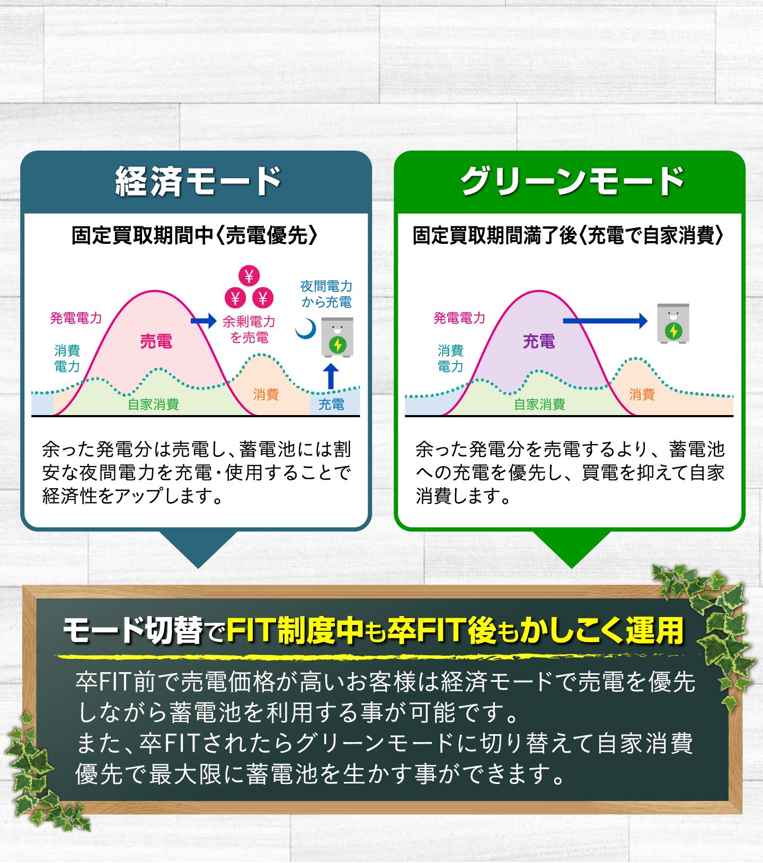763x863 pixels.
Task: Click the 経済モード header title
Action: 198,181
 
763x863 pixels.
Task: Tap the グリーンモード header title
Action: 572,181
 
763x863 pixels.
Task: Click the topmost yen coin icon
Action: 249,276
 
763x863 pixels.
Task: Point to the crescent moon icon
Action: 306,329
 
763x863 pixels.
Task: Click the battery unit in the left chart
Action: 338,337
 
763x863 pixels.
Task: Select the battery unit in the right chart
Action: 673,323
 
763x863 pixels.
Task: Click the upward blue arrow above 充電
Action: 331,377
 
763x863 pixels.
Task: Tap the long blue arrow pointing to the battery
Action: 605,321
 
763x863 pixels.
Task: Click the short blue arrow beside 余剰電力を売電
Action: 203,321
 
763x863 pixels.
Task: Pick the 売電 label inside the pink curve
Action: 156,341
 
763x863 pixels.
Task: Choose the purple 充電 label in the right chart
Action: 539,341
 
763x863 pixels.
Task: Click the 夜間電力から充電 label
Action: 326,294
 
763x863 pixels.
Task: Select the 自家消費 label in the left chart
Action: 154,404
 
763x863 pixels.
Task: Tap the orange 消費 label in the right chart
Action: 642,394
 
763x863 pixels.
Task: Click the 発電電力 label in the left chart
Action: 76,318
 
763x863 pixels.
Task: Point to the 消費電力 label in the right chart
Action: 450,358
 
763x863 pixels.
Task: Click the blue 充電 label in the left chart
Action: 331,404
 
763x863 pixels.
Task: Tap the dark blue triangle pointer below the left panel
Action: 198,549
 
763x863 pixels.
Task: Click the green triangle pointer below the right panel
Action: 572,549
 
